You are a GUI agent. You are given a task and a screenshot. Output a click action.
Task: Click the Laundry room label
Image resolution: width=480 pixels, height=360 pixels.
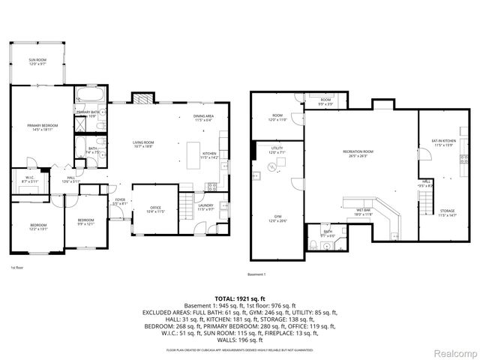point(206,206)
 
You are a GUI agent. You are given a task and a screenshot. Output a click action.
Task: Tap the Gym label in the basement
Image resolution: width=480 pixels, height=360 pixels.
point(277,218)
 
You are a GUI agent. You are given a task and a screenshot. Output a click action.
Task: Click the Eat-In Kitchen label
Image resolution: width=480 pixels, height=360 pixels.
point(444,142)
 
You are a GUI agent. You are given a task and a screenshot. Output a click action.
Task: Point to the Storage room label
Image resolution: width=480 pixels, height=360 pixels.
point(447,213)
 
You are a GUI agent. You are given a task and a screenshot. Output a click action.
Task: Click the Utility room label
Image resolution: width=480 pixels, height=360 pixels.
point(277,150)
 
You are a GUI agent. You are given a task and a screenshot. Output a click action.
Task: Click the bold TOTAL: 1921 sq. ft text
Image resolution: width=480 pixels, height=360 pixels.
point(240,298)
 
